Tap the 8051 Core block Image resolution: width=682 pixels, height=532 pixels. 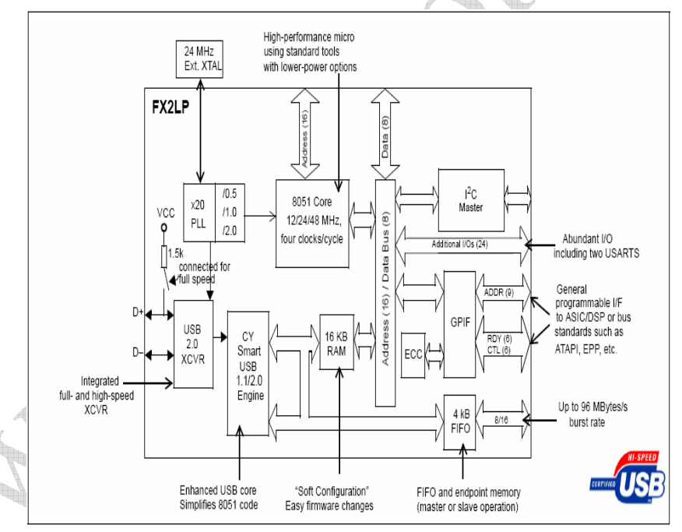310,222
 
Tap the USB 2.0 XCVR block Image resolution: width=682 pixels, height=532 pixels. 193,344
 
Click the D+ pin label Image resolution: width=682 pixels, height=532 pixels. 138,312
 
